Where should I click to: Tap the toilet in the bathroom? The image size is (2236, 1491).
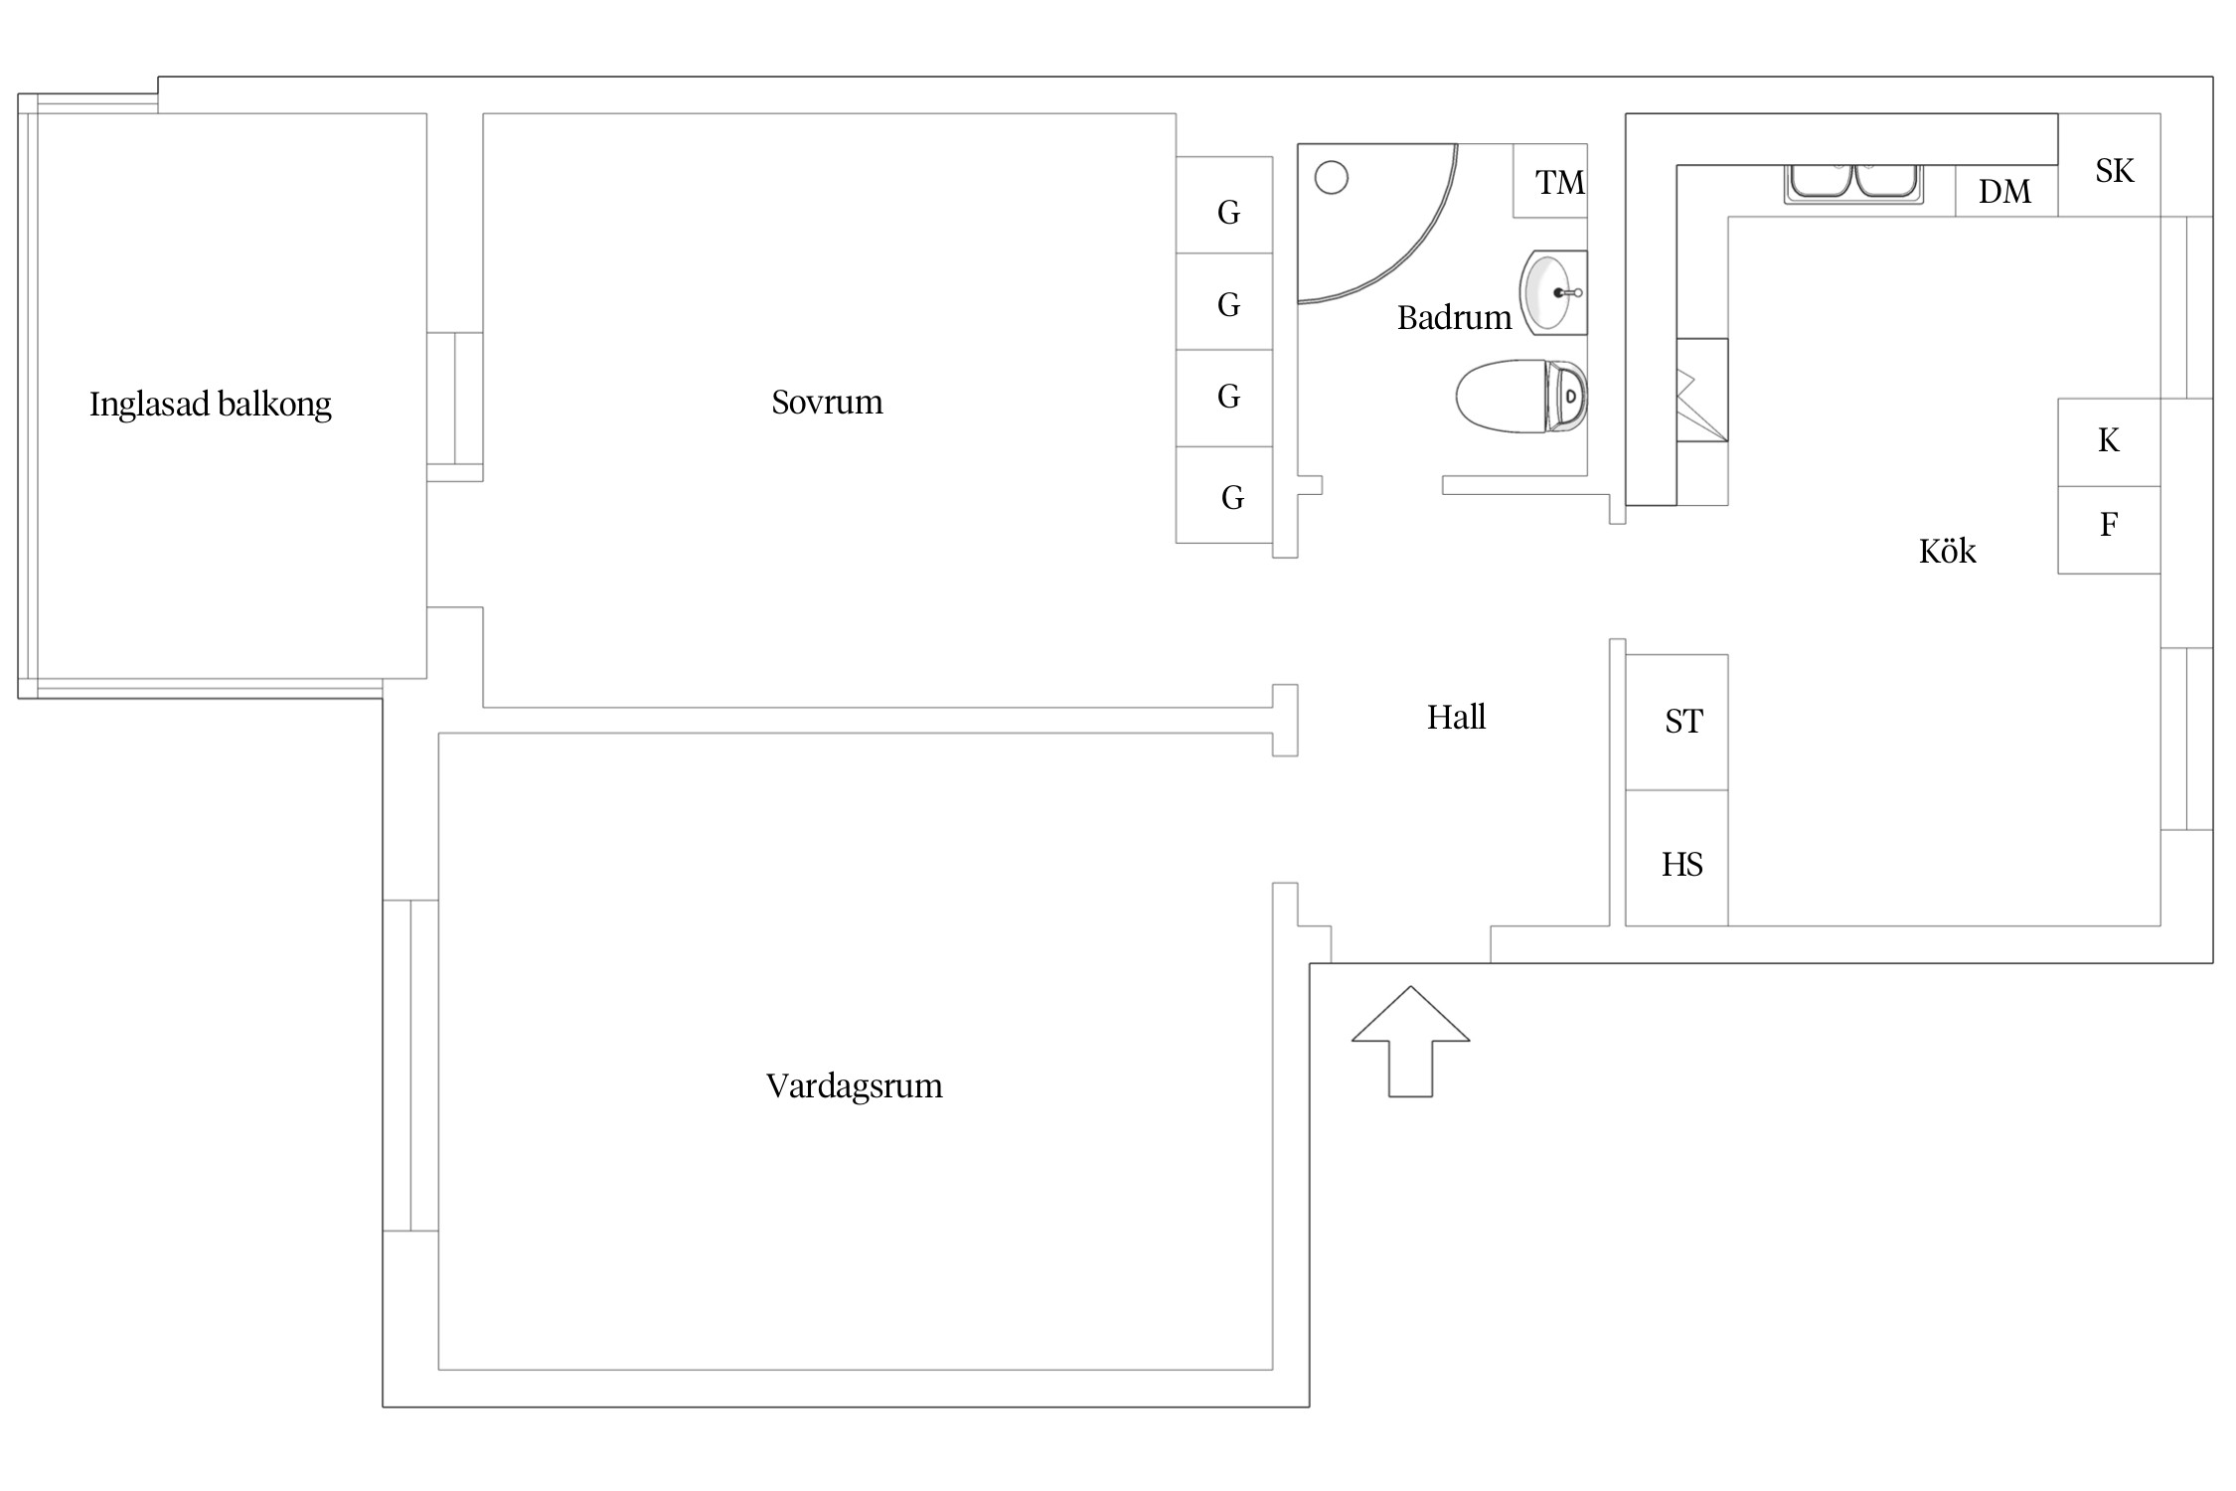pos(1521,396)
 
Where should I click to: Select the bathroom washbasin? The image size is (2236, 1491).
pos(1553,292)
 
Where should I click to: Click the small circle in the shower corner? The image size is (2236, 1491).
pos(1332,178)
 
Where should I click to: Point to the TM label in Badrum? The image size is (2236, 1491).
pos(1560,183)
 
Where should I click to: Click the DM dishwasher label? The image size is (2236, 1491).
pos(2004,192)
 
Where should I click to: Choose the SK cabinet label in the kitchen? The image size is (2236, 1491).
pos(2115,171)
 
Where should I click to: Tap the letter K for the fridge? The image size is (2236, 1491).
pos(2109,440)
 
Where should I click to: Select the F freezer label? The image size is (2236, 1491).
pos(2109,524)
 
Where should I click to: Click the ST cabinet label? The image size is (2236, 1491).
pos(1683,722)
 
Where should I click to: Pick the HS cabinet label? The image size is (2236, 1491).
pos(1682,865)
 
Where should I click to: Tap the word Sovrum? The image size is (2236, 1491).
pos(827,402)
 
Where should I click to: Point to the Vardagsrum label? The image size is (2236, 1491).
pos(855,1085)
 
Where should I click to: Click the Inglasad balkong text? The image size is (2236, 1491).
pos(211,405)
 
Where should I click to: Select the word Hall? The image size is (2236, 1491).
pos(1457,717)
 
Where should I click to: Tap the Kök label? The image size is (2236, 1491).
pos(1948,551)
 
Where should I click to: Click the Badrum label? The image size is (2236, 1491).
pos(1454,318)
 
